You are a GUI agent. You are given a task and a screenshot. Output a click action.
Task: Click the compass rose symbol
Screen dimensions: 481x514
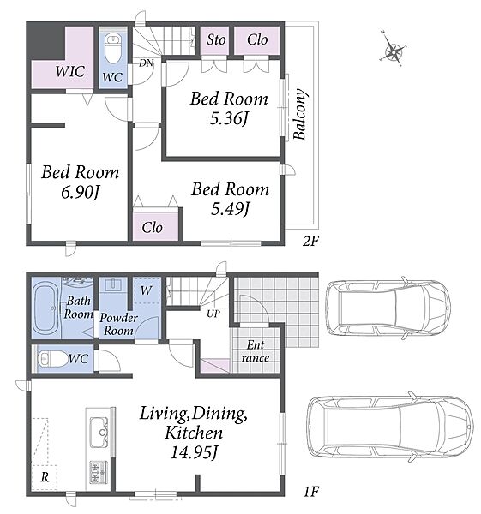(393, 49)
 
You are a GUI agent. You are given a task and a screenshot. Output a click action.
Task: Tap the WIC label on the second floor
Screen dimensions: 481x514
(70, 71)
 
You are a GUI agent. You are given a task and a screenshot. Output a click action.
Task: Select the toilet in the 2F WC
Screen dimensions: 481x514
(113, 49)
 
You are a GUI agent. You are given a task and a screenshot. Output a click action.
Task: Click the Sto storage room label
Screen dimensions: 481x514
(216, 40)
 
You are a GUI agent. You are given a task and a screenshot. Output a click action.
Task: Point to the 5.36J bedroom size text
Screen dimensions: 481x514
(228, 118)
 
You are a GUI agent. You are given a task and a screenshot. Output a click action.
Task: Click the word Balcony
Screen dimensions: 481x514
(300, 115)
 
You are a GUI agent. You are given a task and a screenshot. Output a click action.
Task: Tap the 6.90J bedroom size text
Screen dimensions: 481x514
(80, 192)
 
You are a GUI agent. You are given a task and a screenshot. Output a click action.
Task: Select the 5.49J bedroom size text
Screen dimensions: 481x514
(230, 209)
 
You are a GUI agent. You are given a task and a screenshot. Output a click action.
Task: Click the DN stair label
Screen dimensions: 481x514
(146, 63)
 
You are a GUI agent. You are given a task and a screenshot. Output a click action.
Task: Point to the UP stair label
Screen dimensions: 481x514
(213, 314)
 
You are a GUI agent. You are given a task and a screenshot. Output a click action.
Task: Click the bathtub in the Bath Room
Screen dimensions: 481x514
(46, 308)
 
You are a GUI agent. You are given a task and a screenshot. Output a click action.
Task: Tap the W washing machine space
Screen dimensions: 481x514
(147, 290)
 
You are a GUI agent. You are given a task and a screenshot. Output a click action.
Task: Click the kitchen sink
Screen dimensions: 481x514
(99, 433)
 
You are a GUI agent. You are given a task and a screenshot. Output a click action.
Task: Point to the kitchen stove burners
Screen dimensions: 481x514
(99, 472)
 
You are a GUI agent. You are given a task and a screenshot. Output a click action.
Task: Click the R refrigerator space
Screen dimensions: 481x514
(45, 477)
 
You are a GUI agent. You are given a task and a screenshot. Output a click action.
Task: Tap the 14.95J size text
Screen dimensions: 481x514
(194, 453)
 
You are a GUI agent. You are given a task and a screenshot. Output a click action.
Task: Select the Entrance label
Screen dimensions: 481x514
(256, 351)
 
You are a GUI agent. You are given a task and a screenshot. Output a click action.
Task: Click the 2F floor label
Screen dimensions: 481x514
(310, 242)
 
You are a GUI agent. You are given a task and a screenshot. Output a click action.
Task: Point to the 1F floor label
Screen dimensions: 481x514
(310, 492)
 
